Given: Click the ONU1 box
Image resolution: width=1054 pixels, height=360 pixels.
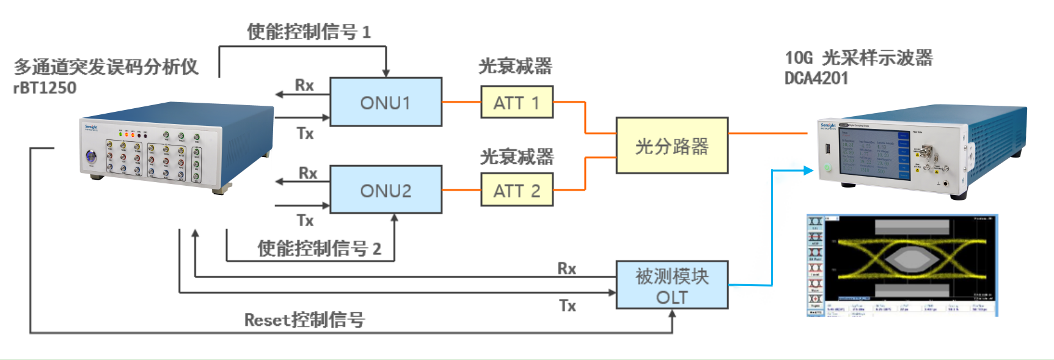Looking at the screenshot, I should (x=386, y=102).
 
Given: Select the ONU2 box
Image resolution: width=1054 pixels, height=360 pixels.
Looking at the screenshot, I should (x=386, y=190).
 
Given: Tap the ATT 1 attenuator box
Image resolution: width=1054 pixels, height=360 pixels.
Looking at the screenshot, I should (x=516, y=102).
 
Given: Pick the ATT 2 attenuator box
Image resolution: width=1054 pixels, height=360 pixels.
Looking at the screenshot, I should (x=516, y=190).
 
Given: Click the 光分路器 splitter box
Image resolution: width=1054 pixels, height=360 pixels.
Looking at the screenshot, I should (x=672, y=145).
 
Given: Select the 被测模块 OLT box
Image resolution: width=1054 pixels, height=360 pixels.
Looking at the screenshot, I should (x=672, y=285).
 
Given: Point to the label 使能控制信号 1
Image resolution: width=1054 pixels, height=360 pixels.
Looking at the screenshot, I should (x=309, y=32).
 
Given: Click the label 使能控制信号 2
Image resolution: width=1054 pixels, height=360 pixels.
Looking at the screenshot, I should (x=319, y=248).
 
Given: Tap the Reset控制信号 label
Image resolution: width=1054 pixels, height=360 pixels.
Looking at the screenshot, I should (x=304, y=319).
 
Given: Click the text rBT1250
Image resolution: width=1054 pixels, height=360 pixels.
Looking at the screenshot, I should (x=45, y=88).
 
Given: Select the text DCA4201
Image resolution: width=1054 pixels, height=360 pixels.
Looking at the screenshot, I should (x=816, y=78).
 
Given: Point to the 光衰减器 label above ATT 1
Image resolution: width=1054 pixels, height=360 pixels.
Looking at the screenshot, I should (x=515, y=65).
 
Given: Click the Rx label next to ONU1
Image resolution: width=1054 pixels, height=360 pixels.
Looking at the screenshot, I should (x=304, y=85).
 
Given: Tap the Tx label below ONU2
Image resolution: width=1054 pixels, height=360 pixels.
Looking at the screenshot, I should (x=305, y=220).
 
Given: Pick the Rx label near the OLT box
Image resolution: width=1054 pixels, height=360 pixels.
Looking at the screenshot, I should (x=566, y=268).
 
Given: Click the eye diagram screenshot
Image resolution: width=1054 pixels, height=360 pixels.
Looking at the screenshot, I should (x=902, y=265).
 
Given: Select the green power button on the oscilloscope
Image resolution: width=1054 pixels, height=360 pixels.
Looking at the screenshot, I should (x=827, y=167).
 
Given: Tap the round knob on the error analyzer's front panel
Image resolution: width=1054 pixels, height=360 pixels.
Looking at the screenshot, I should (x=91, y=156).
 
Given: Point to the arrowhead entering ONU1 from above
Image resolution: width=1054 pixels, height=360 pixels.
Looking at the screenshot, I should (x=386, y=73).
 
